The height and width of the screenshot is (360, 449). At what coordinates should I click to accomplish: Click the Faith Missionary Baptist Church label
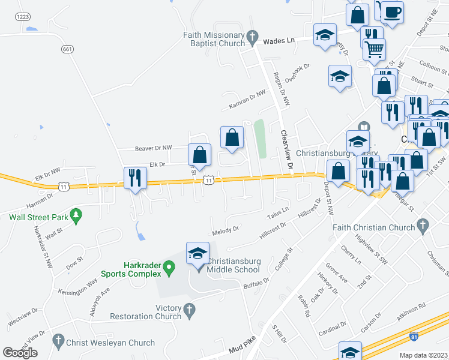click(x=214, y=39)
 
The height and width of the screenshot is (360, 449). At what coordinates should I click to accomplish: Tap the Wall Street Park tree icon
click(x=76, y=214)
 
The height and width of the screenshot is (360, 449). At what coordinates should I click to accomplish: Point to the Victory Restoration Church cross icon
click(x=190, y=310)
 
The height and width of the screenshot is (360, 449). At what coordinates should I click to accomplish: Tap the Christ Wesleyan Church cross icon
click(x=58, y=341)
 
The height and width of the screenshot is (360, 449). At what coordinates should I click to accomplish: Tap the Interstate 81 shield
click(x=414, y=337)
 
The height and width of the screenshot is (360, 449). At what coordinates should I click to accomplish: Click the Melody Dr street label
click(x=226, y=229)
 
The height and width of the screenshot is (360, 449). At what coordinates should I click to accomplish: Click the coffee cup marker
click(x=392, y=13)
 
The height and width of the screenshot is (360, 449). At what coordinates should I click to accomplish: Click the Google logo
click(x=20, y=352)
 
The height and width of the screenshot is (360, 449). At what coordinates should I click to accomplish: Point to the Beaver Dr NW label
click(x=152, y=147)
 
